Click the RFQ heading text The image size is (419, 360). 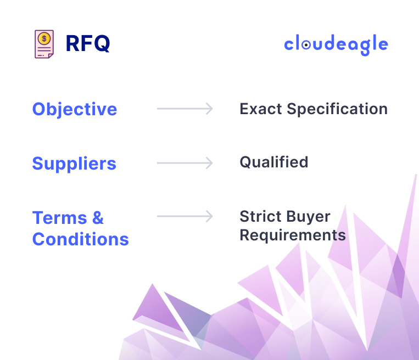coord(87,44)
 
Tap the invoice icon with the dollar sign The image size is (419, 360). coord(44,44)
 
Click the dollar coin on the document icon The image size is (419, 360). coord(44,38)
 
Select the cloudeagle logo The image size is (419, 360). coord(336,45)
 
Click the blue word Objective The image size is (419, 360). coord(75,109)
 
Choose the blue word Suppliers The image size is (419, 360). coord(74,164)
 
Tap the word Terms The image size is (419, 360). coord(59,218)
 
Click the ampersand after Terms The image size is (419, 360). coord(98,218)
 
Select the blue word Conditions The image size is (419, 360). coord(81,239)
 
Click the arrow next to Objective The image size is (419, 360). coord(185,109)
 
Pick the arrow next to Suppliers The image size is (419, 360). coord(185,163)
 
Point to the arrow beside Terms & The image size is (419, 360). coord(185,217)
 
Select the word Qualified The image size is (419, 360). coord(273,162)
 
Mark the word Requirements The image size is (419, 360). coord(293,235)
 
